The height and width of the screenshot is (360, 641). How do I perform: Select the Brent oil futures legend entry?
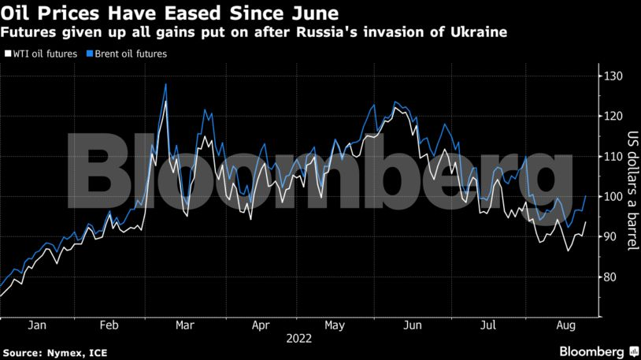click(128, 54)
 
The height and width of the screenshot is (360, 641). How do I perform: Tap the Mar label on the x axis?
click(185, 324)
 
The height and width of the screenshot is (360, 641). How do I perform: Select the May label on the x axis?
click(335, 324)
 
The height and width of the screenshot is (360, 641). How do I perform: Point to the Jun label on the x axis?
click(412, 324)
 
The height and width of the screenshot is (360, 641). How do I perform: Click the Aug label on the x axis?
click(565, 324)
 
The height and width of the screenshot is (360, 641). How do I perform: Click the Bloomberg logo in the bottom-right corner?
click(596, 350)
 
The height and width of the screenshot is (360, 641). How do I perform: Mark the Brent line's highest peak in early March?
click(165, 84)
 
